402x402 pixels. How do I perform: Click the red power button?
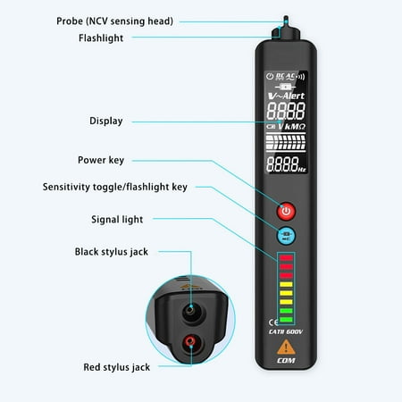pyautogui.click(x=286, y=212)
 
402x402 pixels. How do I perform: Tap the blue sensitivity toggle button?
pyautogui.click(x=286, y=237)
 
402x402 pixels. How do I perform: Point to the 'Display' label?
pyautogui.click(x=106, y=121)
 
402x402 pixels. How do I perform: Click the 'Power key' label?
pyautogui.click(x=100, y=160)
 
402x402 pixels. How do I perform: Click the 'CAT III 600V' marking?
pyautogui.click(x=286, y=331)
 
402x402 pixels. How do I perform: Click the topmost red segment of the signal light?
pyautogui.click(x=286, y=258)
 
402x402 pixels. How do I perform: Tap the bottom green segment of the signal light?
pyautogui.click(x=286, y=319)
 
